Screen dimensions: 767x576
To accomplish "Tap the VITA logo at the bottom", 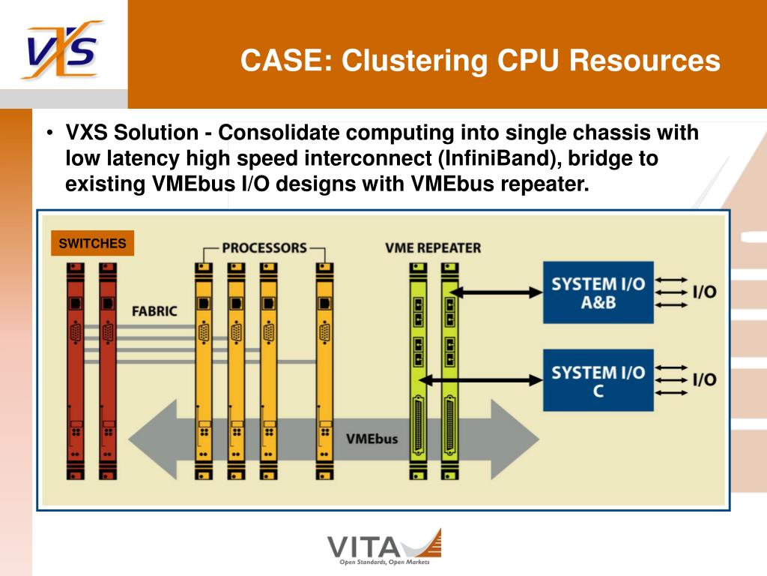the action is pos(384,547).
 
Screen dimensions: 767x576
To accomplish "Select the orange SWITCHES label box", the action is pos(92,243).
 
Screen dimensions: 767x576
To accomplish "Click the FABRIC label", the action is pos(154,311).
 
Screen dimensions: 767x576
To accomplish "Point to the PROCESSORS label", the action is pos(264,247).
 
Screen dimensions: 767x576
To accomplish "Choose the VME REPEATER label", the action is pos(433,247).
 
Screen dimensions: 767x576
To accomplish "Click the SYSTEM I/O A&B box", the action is pos(598,292).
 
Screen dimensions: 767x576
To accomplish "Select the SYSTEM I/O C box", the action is pos(598,380).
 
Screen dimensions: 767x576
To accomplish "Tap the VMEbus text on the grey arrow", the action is pos(372,439).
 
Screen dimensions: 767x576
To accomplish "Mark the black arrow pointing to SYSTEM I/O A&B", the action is pos(496,293).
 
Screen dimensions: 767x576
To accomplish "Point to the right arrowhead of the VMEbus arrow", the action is pos(515,439).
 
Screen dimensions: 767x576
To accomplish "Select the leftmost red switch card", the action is pos(76,370).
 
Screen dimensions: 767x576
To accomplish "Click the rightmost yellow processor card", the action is pos(325,370).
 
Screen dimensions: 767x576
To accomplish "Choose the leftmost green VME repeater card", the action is pos(418,370).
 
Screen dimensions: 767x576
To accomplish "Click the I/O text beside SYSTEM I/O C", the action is pos(704,379).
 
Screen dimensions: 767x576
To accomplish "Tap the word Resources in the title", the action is pos(645,60).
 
